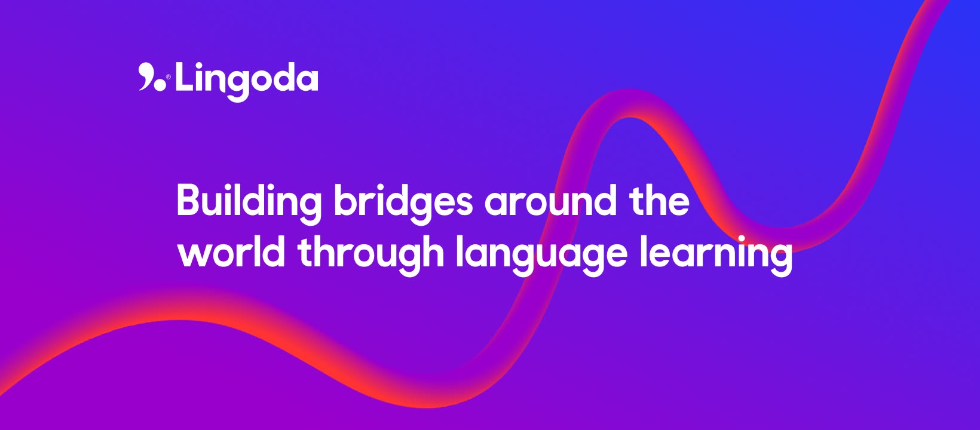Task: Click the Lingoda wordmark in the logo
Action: [x=246, y=82]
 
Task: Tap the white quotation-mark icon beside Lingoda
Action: [x=152, y=77]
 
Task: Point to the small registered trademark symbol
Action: [x=169, y=77]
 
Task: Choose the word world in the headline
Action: [x=231, y=251]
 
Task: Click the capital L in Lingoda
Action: [x=185, y=76]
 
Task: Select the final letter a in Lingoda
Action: [x=305, y=81]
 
